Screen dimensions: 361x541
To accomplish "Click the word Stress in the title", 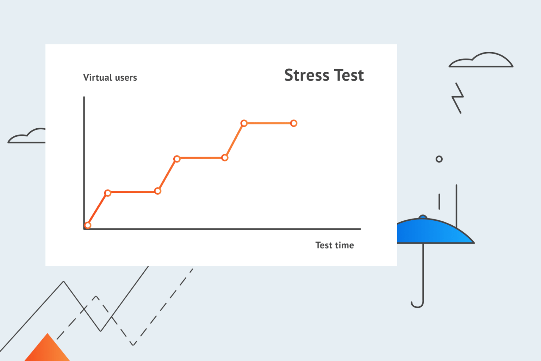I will coord(307,75).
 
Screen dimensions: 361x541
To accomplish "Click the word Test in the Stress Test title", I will coord(349,75).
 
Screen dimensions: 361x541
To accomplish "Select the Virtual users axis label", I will coord(110,78).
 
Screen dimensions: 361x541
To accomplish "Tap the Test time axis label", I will coord(334,245).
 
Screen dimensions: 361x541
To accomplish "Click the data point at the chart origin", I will coord(88,225).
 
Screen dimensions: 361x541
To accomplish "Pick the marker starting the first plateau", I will coord(108,193).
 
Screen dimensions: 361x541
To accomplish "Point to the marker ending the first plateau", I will coord(158,191).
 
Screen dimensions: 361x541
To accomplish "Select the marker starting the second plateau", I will coord(177,159).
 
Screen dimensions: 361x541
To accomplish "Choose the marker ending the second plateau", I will coord(225,158).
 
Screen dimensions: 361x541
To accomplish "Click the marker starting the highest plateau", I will coord(244,123).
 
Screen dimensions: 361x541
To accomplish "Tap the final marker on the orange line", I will coord(294,123).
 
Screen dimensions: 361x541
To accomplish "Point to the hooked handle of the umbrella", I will coord(418,304).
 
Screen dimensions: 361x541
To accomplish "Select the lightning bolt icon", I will coord(458,98).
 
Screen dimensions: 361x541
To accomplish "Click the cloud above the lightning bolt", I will coord(481,61).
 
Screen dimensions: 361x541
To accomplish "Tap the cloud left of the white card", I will coord(28,137).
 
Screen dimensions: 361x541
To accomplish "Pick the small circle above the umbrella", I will coord(439,159).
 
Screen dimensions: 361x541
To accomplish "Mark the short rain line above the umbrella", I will coord(439,201).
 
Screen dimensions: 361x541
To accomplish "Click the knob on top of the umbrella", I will coord(423,217).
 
